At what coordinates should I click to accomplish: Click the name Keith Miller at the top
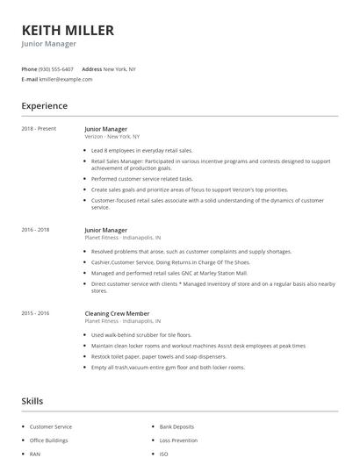point(68,30)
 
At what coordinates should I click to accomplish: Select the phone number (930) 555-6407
point(57,68)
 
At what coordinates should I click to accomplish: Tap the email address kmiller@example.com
point(67,79)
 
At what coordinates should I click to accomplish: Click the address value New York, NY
point(119,68)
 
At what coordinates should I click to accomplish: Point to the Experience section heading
point(44,106)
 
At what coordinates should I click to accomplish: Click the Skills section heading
point(32,401)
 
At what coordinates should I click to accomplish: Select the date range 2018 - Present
point(39,129)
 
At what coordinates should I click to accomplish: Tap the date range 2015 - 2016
point(36,313)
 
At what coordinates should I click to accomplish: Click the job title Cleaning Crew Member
point(117,313)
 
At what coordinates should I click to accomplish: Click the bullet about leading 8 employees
point(141,150)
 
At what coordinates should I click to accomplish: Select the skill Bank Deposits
point(176,426)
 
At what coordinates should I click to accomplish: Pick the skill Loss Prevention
point(177,440)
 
